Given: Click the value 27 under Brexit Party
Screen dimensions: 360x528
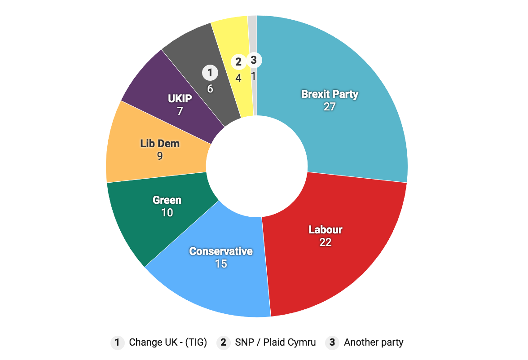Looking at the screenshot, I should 330,107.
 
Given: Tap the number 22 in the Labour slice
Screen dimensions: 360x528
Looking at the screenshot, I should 325,242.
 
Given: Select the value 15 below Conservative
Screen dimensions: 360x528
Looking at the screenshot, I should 220,263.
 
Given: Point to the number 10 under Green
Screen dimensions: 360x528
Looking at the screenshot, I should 167,212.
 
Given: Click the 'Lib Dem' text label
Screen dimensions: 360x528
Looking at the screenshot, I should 160,144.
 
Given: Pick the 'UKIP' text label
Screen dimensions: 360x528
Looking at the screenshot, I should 180,98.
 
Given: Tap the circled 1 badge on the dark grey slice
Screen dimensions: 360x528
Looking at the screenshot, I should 210,72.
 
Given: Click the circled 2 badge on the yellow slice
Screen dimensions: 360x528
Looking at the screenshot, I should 238,61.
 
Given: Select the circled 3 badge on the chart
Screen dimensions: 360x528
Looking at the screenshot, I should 253,59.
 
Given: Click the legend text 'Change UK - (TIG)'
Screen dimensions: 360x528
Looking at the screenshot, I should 168,342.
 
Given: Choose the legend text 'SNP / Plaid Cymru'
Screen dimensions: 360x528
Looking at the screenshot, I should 275,342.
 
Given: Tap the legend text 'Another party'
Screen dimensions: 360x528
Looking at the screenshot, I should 374,342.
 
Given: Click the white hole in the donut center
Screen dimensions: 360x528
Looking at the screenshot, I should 257,166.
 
